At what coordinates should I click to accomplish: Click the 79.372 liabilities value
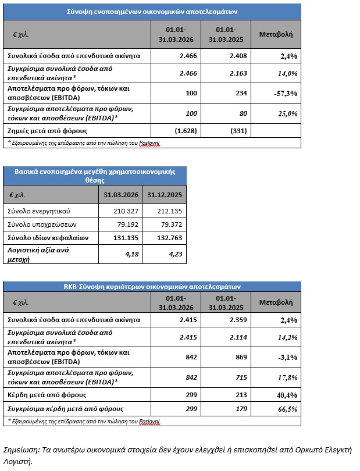coord(166,224)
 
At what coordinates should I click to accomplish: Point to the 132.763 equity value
coord(166,238)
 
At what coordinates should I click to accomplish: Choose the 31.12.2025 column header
coord(165,194)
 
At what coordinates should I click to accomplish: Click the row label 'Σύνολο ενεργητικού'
coord(37,210)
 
